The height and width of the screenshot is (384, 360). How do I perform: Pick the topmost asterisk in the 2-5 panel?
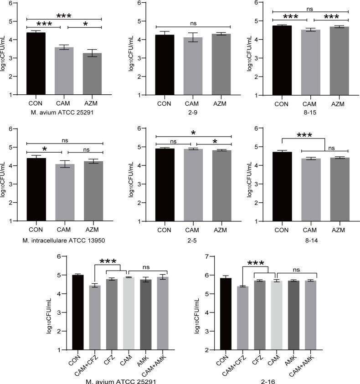[193, 133]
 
